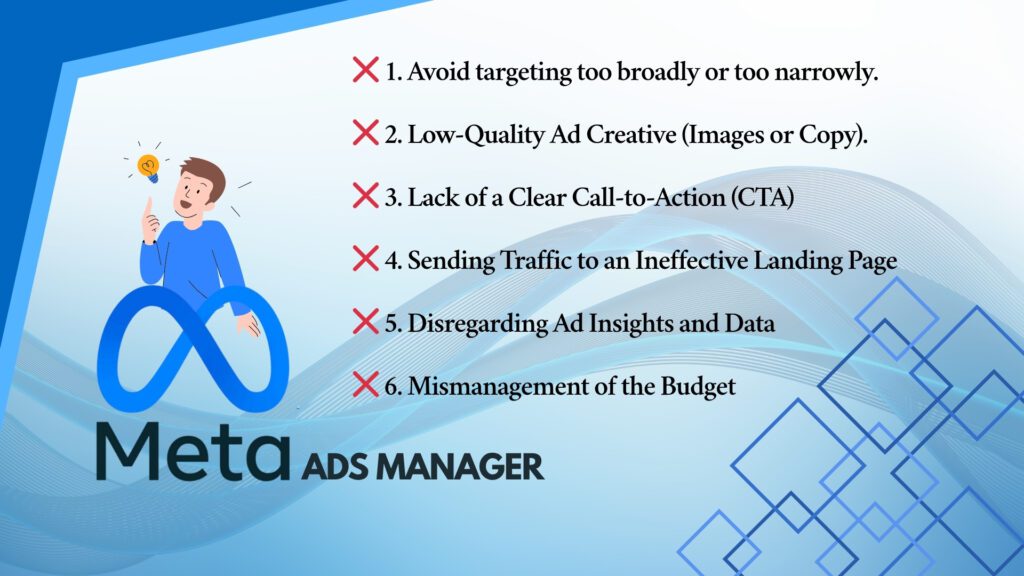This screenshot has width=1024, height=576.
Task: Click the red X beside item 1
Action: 366,70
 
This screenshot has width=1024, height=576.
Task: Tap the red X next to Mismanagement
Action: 366,385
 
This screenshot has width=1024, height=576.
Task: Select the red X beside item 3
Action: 366,196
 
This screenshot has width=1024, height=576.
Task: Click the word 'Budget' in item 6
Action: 698,386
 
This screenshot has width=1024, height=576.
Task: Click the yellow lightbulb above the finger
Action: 149,167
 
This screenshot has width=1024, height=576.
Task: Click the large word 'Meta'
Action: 193,452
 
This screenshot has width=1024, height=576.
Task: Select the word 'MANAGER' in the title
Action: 460,467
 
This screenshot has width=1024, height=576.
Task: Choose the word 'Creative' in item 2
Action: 631,135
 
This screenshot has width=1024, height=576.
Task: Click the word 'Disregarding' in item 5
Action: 477,323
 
